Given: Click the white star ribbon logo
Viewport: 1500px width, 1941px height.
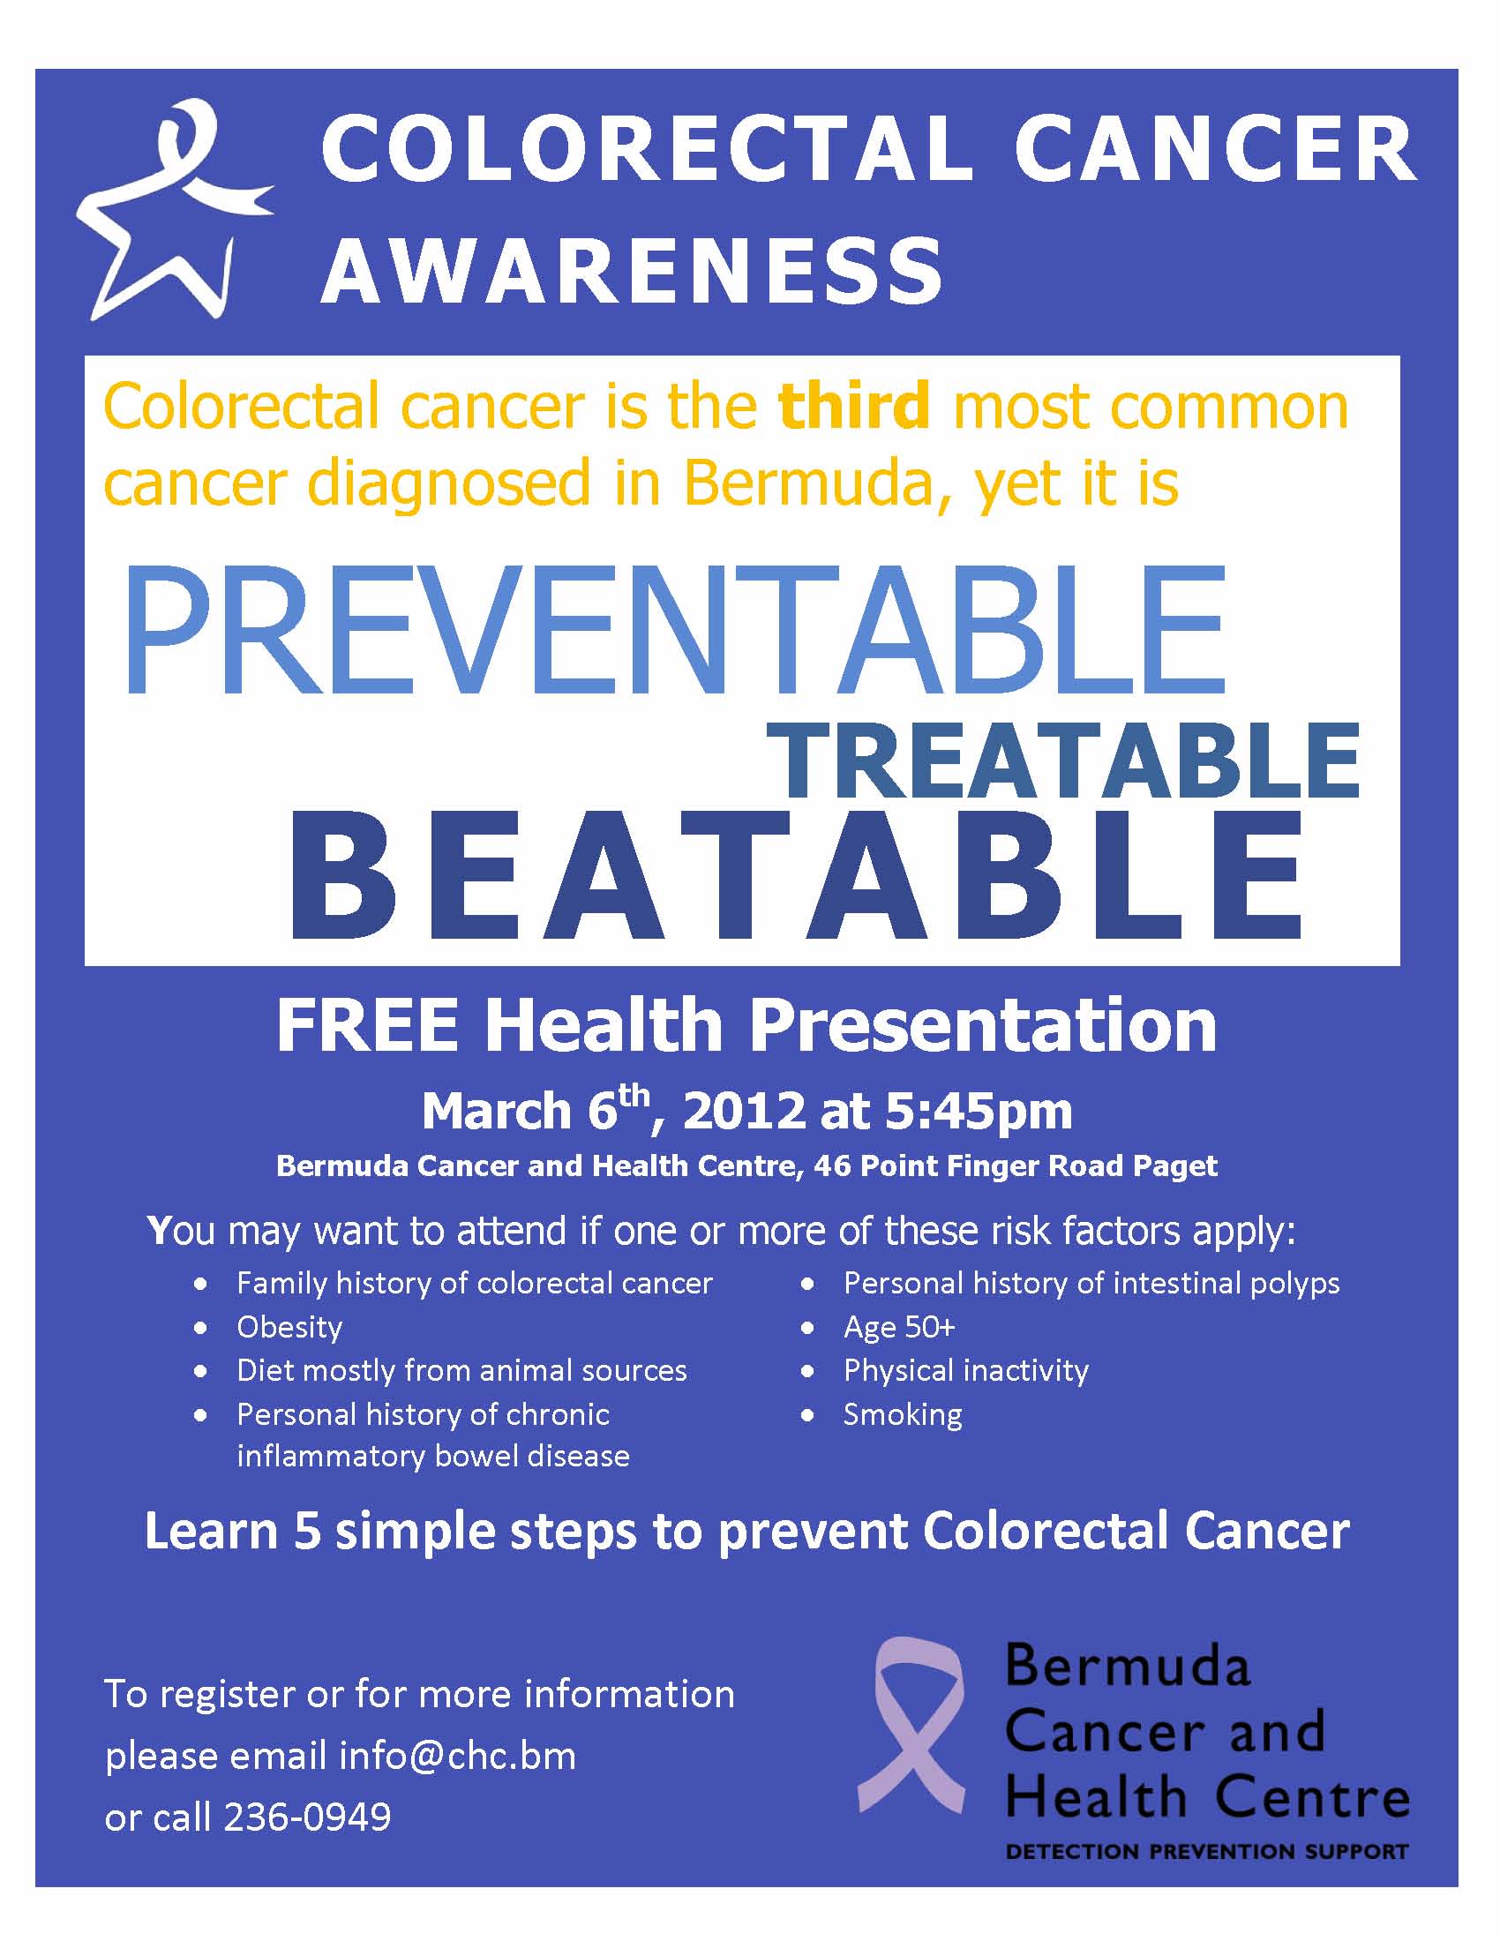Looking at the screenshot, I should pos(169,214).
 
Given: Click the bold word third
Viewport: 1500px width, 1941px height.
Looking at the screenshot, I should pos(854,405).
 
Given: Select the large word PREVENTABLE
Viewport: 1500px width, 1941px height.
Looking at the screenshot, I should pos(675,630).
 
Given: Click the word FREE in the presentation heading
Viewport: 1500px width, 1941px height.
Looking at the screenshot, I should pos(367,1025).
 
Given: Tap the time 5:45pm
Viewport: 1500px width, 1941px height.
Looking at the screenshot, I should pos(978,1111).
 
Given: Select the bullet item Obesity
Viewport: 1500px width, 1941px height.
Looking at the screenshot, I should pos(289,1327).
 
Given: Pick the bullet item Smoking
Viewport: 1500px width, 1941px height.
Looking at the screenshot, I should pos(902,1414).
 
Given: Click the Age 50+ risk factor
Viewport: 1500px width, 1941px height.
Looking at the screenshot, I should pos(898,1327).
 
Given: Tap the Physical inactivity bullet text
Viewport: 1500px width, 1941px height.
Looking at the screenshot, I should pos(965,1370).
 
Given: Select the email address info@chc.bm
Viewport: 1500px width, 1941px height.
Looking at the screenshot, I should pos(457,1756).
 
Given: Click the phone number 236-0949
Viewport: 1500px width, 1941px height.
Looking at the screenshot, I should pos(306,1817).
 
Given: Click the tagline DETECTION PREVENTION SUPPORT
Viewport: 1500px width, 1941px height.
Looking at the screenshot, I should pos(1206,1852).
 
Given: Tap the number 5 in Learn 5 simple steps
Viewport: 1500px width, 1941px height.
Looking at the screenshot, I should pos(306,1532).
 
